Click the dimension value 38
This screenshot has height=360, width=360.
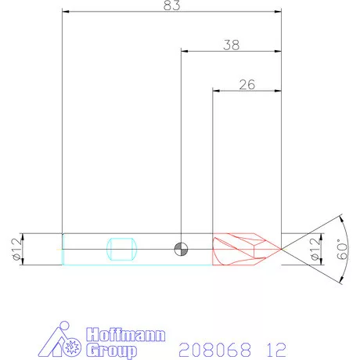pos(231,45)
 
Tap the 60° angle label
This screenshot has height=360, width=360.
pos(339,250)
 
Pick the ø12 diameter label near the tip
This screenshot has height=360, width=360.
pos(315,250)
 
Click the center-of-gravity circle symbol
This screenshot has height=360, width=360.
pos(181,249)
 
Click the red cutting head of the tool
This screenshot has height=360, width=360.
pos(243,249)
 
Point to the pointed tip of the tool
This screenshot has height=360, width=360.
pos(280,249)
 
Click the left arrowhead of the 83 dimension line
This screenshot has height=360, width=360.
pos(66,12)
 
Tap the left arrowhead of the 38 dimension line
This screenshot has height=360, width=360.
pos(185,51)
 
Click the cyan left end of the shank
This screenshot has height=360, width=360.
pos(63,249)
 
